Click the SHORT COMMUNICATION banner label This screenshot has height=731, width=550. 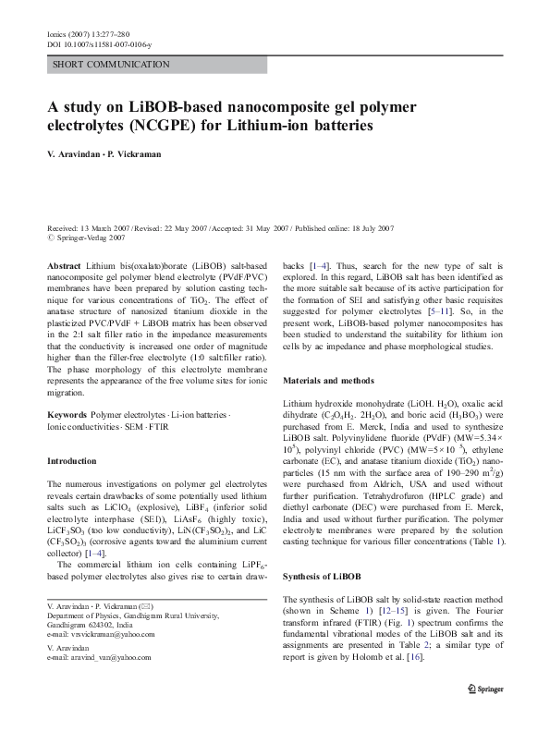click(x=112, y=65)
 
